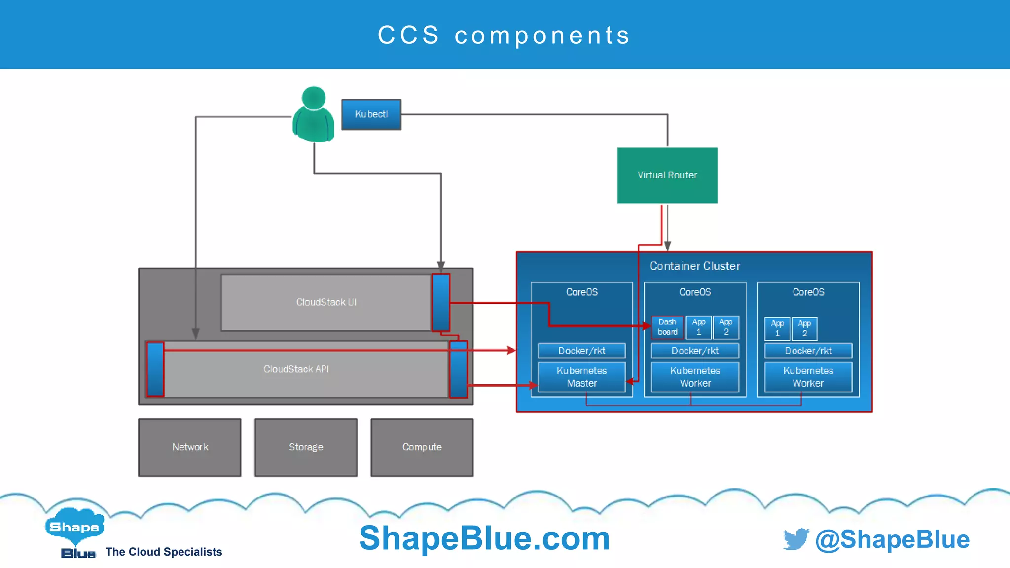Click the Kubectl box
(371, 114)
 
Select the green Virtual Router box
(667, 175)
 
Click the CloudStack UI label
(326, 302)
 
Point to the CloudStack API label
(296, 369)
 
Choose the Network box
(190, 447)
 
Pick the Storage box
(306, 447)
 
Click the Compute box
(422, 447)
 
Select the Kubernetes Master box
(581, 377)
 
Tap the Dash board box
(667, 327)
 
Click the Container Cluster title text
(694, 266)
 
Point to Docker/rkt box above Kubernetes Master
(581, 351)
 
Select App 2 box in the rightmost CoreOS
(804, 328)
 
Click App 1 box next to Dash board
(698, 327)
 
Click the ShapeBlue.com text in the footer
(484, 538)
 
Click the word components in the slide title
(542, 35)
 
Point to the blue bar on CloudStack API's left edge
(155, 369)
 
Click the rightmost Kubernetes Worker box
(808, 377)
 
